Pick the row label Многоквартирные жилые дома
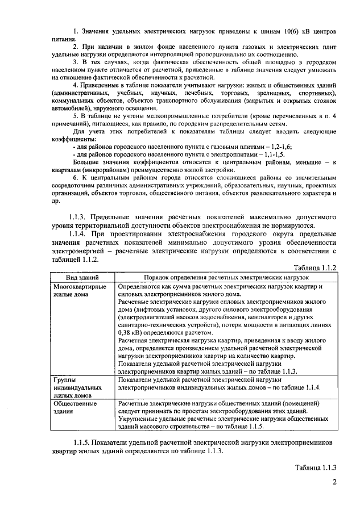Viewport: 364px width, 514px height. click(x=79, y=291)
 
